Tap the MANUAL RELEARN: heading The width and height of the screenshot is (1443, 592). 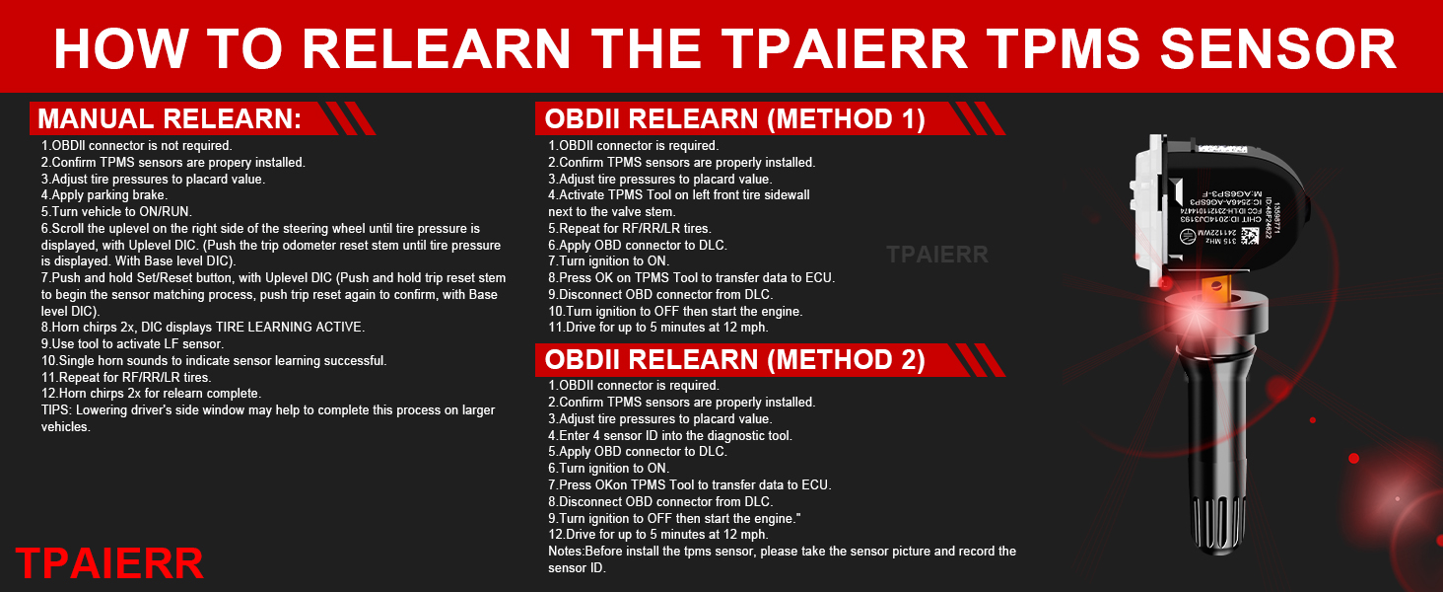tap(169, 119)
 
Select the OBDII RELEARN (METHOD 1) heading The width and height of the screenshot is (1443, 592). tap(734, 119)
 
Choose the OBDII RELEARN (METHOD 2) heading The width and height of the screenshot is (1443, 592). tap(734, 360)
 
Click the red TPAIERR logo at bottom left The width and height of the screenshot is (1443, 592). tap(109, 563)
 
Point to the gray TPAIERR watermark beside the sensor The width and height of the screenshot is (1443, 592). tap(936, 255)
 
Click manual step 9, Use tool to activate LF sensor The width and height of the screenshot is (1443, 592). tap(132, 344)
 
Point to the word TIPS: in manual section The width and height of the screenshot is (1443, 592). tap(57, 410)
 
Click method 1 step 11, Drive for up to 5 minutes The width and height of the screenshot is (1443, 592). tap(657, 328)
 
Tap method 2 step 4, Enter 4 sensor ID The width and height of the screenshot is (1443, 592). tap(670, 435)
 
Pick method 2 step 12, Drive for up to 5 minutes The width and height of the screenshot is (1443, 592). tap(657, 535)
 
